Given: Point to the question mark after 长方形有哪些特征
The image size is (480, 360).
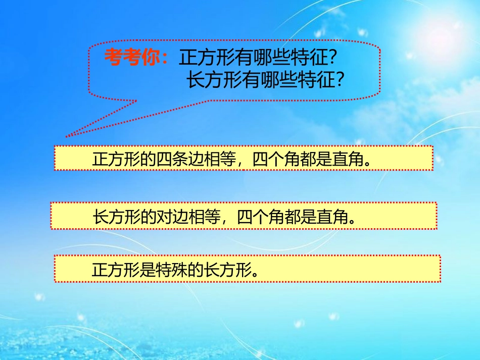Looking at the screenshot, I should (x=340, y=80).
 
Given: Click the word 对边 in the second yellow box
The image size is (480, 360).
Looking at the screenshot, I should (x=175, y=217).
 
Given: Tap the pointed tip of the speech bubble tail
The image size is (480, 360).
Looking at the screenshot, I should (x=66, y=136).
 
